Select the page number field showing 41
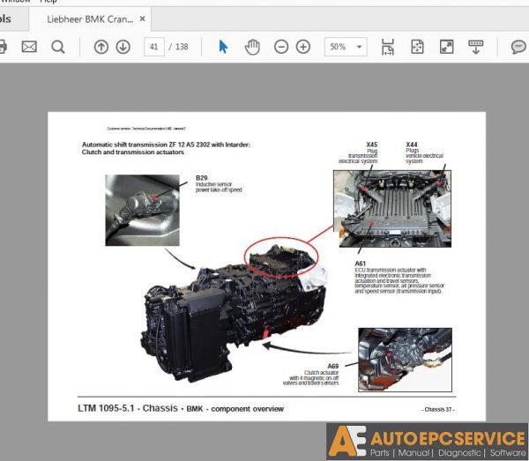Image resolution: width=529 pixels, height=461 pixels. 156,47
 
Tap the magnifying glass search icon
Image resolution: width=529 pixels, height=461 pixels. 57,47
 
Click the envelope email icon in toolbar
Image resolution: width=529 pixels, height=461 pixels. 29,47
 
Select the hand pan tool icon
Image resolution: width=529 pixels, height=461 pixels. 252,47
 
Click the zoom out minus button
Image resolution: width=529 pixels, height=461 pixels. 281,47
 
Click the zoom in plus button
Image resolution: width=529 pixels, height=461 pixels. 303,47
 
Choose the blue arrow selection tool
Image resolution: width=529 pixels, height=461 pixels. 223,47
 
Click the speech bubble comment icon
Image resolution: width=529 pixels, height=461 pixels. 518,47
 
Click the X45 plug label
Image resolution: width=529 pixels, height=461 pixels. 371,144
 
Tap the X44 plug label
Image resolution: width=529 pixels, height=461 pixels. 412,144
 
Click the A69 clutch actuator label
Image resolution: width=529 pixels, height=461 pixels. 332,366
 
